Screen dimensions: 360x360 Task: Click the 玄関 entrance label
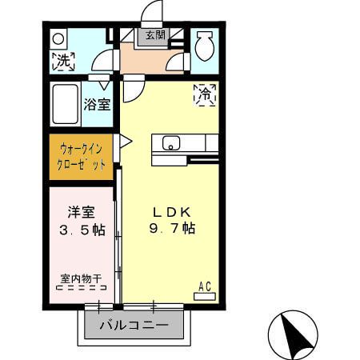154,34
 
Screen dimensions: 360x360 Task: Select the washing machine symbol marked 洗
63,60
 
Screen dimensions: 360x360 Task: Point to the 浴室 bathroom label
98,103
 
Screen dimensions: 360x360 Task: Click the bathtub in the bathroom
66,103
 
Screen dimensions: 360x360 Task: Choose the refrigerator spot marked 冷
205,94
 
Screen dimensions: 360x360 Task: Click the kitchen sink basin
171,143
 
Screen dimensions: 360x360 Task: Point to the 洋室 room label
81,213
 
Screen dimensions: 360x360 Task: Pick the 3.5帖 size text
81,230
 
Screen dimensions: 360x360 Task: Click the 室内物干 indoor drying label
81,279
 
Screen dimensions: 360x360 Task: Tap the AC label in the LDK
204,285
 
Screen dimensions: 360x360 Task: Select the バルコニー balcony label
134,326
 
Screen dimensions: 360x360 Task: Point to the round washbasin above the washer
58,38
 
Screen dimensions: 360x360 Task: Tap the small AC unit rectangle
204,295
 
